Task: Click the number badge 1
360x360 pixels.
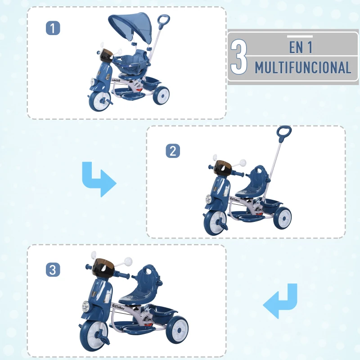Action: click(53, 28)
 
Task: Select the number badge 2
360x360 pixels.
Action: click(172, 151)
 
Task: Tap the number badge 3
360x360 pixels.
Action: click(53, 270)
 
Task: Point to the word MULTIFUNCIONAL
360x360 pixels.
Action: click(303, 67)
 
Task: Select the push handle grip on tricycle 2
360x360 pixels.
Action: click(284, 134)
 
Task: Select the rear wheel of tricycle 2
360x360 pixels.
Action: click(282, 218)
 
